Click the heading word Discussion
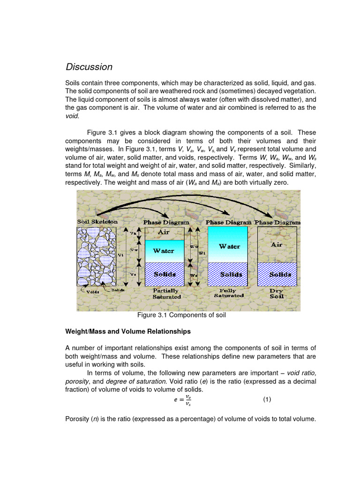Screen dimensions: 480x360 [89, 67]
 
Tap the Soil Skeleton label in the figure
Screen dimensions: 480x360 [97, 221]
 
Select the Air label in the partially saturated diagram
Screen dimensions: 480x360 [164, 232]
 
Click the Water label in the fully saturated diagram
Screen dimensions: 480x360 [230, 246]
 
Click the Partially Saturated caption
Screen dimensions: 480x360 [166, 293]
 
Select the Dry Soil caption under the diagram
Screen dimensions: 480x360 [277, 293]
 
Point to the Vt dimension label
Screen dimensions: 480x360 [121, 255]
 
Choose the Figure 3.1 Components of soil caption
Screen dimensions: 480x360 [181, 315]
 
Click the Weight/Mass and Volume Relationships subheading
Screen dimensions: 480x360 [127, 331]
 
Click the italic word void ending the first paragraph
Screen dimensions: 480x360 [72, 115]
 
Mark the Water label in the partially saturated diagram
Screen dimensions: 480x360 [164, 251]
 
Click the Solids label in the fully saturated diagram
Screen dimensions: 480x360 [229, 274]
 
